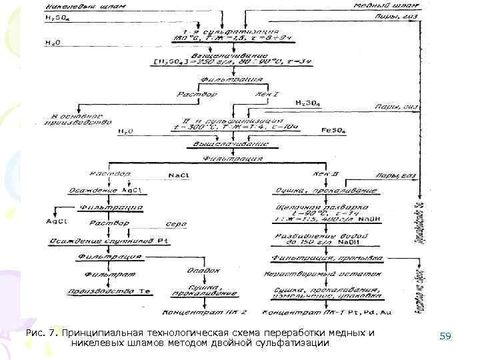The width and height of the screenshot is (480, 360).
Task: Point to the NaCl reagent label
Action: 178,175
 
